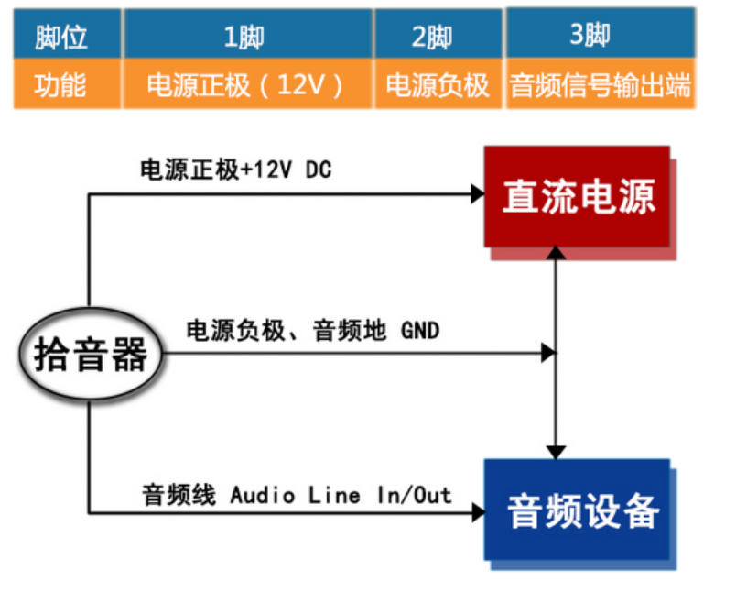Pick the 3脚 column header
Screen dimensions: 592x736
[x=599, y=36]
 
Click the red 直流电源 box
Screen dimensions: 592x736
[x=577, y=196]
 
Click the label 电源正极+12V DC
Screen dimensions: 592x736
[x=234, y=170]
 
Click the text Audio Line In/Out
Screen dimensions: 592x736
[x=341, y=496]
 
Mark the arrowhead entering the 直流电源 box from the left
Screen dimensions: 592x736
[x=477, y=193]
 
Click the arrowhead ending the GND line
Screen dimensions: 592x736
[x=548, y=352]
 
